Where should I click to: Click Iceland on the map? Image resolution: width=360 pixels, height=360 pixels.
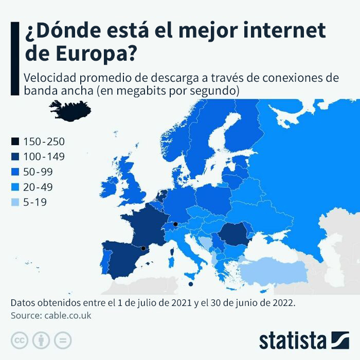point(71,109)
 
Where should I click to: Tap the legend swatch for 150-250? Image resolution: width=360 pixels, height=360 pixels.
point(15,141)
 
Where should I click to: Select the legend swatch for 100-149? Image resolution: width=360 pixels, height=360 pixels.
point(15,156)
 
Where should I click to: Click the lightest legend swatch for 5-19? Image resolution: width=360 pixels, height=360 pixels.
point(15,202)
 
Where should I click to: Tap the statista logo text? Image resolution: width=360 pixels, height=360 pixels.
point(293,340)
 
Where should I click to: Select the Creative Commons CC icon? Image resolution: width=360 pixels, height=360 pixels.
point(19,340)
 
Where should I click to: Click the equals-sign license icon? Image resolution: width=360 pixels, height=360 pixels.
point(63,340)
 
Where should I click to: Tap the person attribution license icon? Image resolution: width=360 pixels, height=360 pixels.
point(41,340)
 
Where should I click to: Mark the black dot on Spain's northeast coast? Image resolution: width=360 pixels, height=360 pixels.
point(143,249)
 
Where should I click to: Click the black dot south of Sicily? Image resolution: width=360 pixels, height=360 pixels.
point(191,284)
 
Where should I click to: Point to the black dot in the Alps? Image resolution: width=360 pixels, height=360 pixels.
point(175,224)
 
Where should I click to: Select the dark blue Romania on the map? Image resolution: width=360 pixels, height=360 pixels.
point(232,237)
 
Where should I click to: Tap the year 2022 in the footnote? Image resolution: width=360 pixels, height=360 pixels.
point(283,302)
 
